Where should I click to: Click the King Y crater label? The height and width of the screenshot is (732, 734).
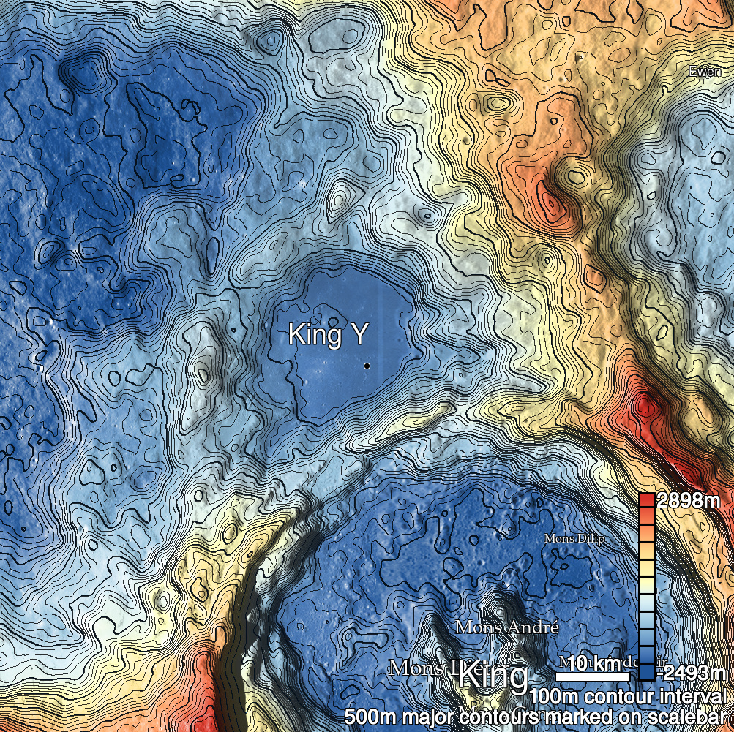click(328, 335)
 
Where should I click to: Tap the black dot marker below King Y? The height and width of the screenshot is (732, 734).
click(367, 365)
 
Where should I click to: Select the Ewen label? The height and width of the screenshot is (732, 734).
click(705, 72)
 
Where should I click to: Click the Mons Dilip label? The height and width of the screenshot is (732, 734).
click(574, 538)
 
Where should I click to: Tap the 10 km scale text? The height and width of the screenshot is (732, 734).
click(593, 663)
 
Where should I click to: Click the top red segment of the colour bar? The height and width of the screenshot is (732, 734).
click(646, 501)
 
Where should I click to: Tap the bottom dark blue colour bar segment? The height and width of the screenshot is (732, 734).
click(646, 672)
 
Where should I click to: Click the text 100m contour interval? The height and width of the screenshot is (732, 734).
click(629, 695)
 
